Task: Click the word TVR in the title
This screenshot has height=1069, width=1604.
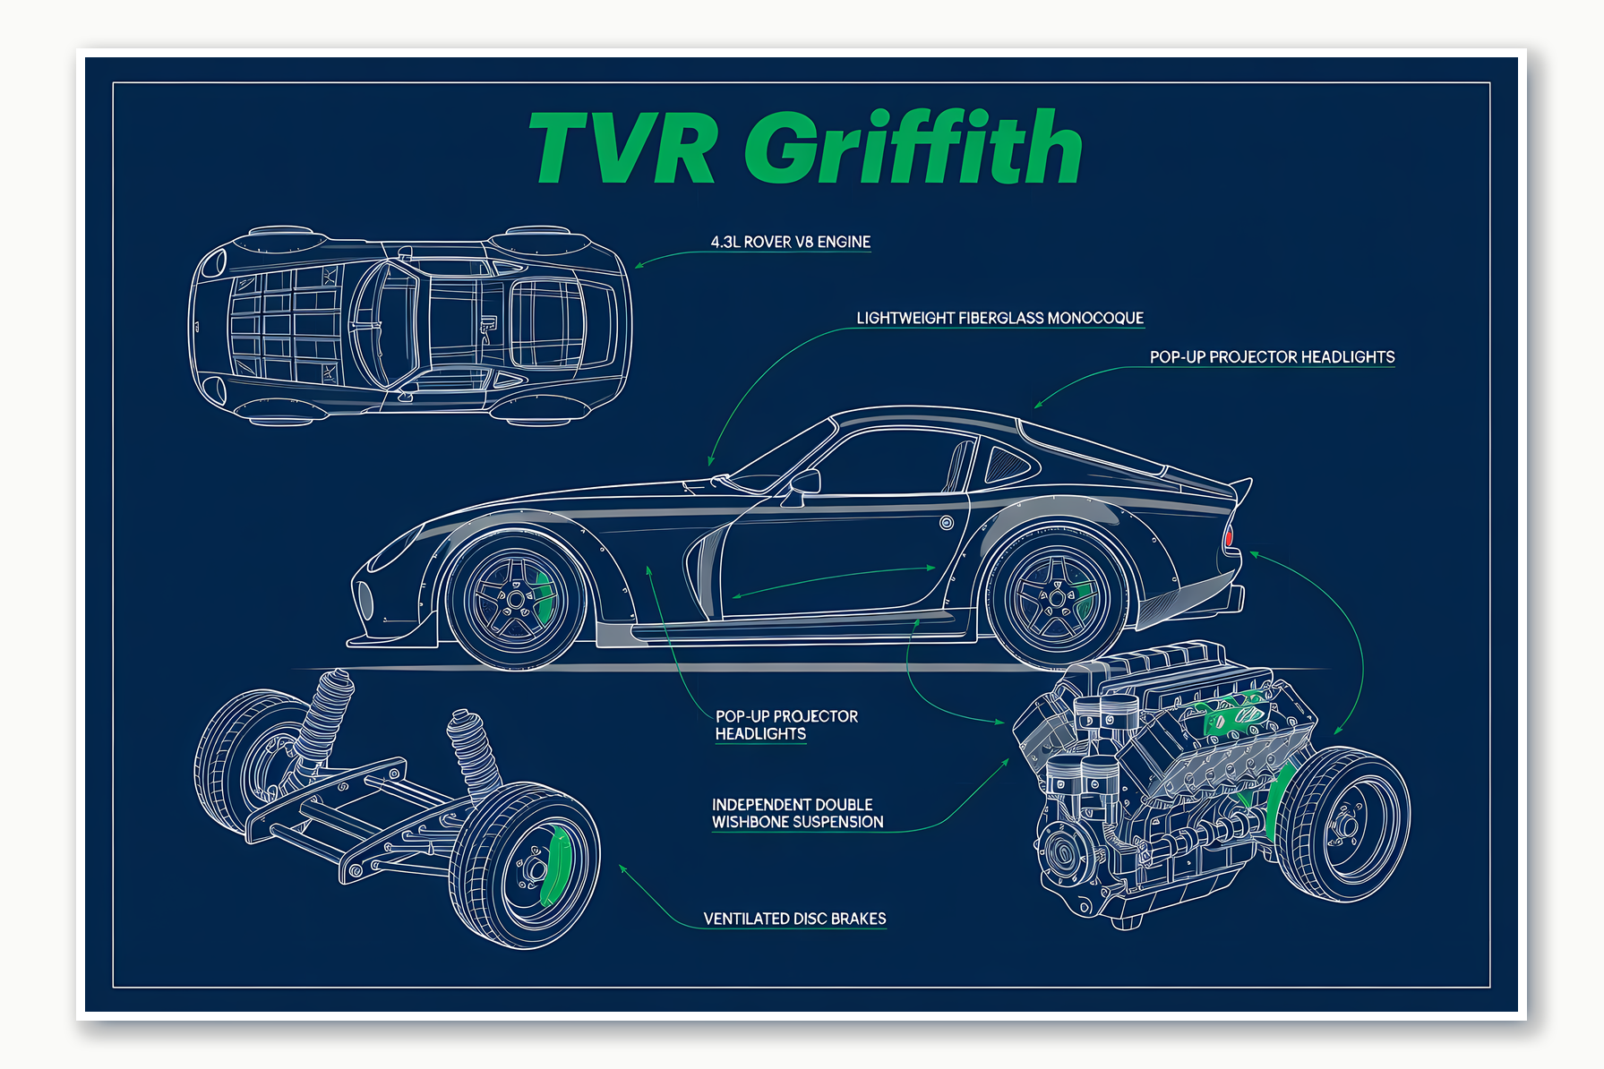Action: (x=622, y=148)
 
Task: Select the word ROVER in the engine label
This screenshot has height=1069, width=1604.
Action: (x=767, y=242)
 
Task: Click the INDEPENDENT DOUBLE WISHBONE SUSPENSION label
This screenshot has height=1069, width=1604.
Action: (x=797, y=813)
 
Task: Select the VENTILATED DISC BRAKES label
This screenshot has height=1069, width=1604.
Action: (x=794, y=919)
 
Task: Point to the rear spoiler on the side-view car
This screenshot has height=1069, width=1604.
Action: (x=1240, y=488)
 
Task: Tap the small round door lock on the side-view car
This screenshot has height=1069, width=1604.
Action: (x=947, y=523)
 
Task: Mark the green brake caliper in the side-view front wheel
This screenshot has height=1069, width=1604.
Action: (x=544, y=595)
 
